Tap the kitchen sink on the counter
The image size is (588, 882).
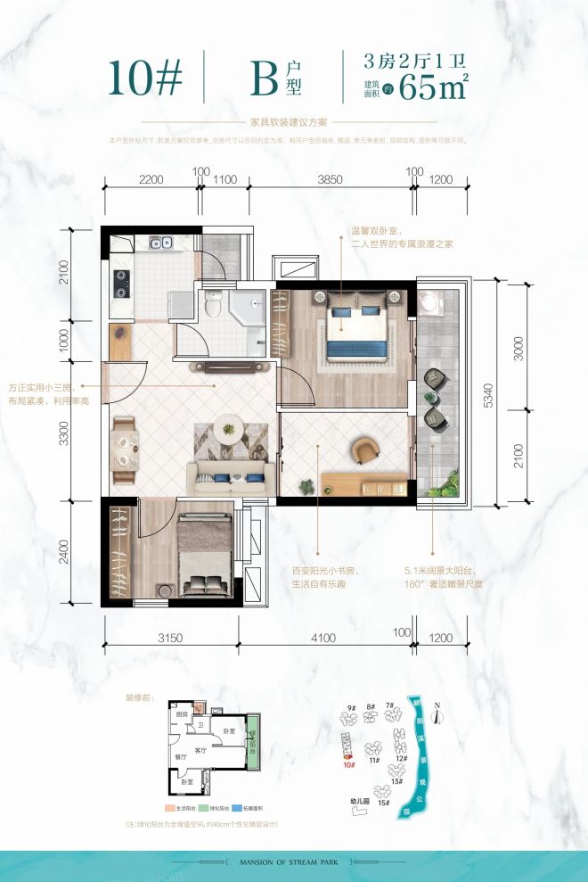pos(161,242)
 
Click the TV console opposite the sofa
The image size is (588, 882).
pos(228,367)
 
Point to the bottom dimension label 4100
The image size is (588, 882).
pos(323,638)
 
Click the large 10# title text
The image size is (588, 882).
pos(146,79)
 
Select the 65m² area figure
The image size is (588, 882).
pos(434,88)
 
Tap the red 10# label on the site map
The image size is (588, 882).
pos(349,764)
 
